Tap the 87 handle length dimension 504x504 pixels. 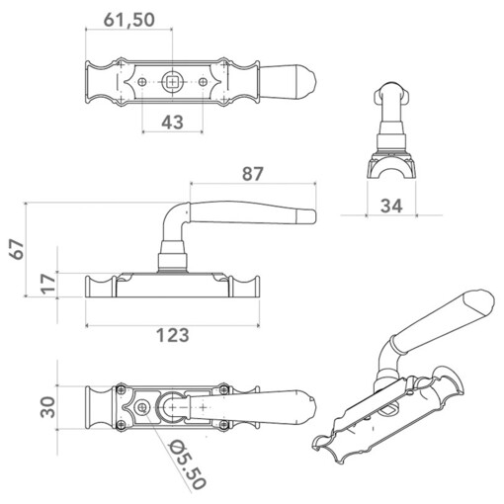[252, 173]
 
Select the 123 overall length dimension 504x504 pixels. [172, 336]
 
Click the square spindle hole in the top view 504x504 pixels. [173, 82]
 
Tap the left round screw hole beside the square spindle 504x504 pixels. [144, 82]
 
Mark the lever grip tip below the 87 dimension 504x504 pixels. [308, 216]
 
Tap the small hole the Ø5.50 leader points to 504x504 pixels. [144, 407]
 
